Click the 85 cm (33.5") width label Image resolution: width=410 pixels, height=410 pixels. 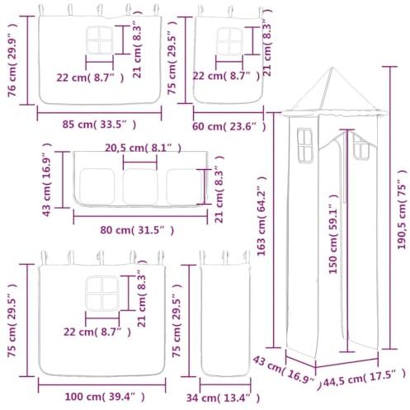(99, 125)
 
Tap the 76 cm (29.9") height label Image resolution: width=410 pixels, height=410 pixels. (12, 60)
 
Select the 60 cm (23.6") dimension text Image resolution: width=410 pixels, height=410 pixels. (229, 127)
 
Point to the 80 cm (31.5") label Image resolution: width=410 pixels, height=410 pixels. (137, 230)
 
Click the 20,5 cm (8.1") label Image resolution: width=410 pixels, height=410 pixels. (143, 148)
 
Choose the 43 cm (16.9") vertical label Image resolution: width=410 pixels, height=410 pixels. (47, 180)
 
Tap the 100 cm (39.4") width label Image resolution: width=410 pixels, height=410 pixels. (105, 397)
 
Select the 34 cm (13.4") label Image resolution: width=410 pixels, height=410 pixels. (223, 398)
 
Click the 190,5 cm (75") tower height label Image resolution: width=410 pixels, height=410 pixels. (402, 210)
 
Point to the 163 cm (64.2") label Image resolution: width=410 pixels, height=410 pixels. (262, 216)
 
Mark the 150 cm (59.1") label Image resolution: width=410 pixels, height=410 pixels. (333, 234)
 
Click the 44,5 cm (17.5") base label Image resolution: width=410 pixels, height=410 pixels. (365, 378)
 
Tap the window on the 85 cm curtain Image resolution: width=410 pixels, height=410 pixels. (100, 40)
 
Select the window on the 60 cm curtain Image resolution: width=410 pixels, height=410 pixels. (229, 41)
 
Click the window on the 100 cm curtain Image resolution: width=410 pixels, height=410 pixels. (102, 294)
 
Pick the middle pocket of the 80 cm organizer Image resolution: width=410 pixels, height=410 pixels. (140, 186)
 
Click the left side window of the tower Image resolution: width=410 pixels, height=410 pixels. (305, 145)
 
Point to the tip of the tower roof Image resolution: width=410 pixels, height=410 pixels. (332, 68)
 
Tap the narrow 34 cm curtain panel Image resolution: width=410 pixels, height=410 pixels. (225, 319)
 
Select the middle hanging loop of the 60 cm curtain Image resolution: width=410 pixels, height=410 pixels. (230, 12)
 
